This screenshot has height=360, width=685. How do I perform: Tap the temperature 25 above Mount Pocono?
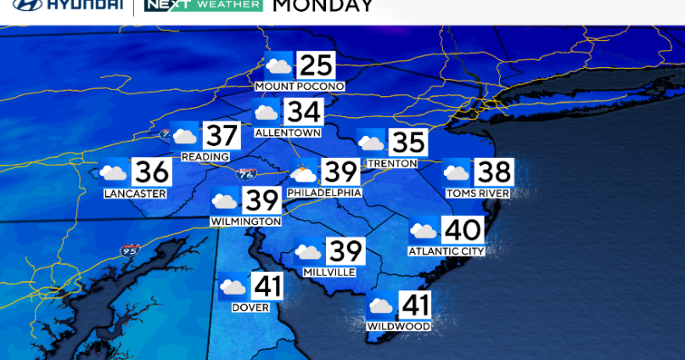[316, 66]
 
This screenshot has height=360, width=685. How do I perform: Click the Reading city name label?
[205, 157]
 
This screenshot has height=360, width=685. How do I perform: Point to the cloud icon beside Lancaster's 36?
[114, 173]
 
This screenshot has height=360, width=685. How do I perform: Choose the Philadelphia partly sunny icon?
[303, 173]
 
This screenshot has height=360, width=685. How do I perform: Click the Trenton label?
[392, 163]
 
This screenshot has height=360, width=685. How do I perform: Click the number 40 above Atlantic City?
[463, 230]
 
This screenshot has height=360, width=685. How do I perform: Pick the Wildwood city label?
[398, 326]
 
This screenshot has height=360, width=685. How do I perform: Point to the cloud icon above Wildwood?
[380, 306]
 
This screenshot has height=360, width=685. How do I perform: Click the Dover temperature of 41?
[266, 287]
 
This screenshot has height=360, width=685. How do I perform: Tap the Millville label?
[328, 272]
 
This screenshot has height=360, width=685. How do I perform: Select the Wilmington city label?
[245, 222]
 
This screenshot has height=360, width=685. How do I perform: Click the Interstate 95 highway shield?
[130, 250]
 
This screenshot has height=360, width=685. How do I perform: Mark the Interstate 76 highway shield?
[245, 173]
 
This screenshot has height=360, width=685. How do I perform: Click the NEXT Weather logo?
[204, 6]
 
